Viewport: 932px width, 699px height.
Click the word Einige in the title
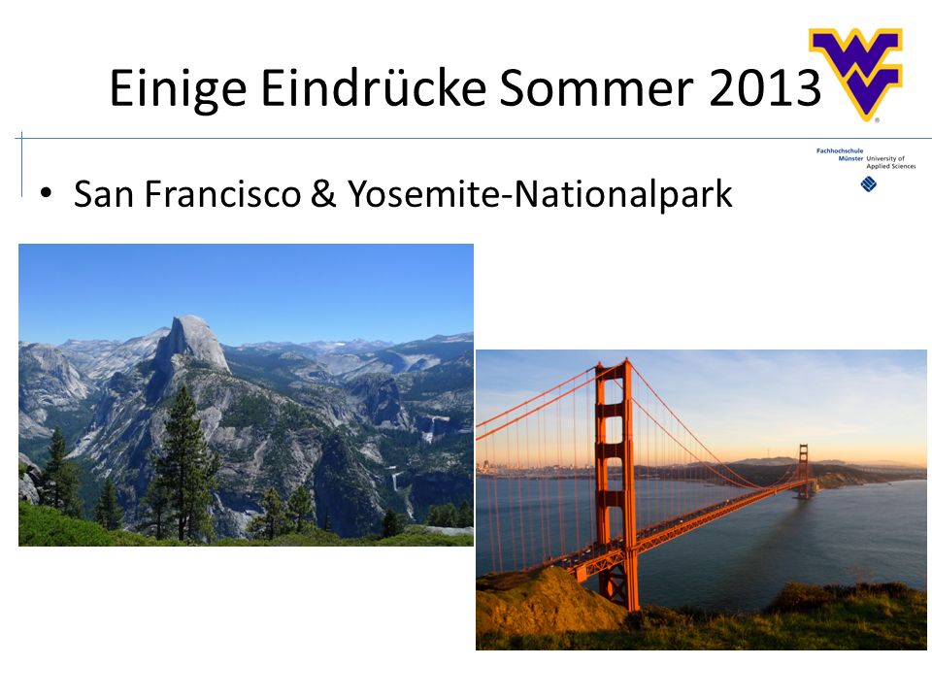(178, 89)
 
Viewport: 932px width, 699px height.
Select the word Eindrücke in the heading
(373, 87)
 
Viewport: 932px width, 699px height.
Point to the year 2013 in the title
(765, 88)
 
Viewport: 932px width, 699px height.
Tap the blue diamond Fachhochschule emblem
(868, 184)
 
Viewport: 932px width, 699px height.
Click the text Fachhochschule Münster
(840, 154)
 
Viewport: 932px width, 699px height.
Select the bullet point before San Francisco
(46, 193)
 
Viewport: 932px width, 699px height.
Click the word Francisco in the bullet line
(223, 194)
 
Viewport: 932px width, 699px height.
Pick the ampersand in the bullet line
(322, 194)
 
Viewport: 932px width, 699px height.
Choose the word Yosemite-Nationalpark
(540, 195)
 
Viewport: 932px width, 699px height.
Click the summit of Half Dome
(191, 318)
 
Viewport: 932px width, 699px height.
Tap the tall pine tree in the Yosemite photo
(184, 464)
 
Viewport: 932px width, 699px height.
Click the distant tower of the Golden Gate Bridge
(804, 470)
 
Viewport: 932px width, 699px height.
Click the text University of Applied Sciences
(890, 162)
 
